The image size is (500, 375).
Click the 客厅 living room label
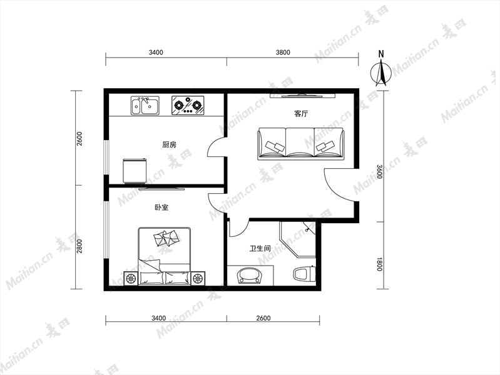pos(301,114)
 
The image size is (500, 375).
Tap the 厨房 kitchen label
pos(169,144)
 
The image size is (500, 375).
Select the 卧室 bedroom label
pos(161,207)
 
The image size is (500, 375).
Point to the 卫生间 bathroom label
pos(260,248)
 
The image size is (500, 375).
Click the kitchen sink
pos(145,106)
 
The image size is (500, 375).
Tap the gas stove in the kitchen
pos(188,105)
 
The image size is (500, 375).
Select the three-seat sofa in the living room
pos(301,143)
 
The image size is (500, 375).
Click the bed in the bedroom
pos(164,256)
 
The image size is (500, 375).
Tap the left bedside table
pos(131,279)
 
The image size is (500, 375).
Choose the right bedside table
pos(198,279)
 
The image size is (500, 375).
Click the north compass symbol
pos(381,72)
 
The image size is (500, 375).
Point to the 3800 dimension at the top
pos(283,52)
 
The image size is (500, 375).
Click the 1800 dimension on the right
pos(379,264)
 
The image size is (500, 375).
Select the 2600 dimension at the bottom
pos(263,318)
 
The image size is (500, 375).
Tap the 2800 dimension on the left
pos(79,246)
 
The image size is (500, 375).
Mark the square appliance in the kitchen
pos(135,171)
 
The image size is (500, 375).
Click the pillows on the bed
pos(166,238)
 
